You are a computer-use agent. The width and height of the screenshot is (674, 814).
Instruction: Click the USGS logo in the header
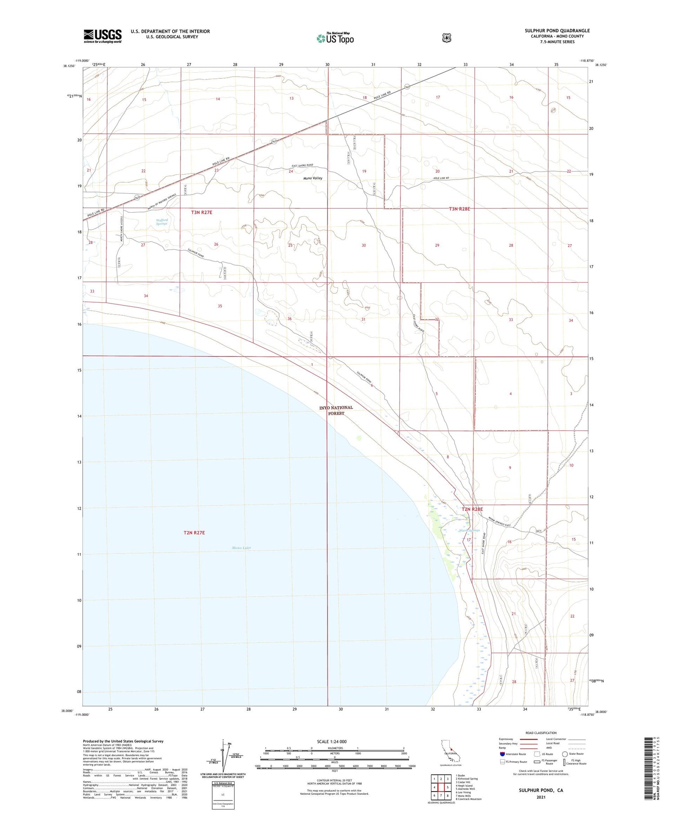tap(102, 36)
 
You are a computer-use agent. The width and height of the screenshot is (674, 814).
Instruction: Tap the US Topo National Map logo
tap(335, 38)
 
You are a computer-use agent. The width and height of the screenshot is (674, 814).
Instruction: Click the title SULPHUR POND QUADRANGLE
tap(557, 31)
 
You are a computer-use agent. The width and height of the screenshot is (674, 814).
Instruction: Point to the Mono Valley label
tap(313, 178)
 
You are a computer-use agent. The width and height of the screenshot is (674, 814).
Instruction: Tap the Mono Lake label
tap(242, 548)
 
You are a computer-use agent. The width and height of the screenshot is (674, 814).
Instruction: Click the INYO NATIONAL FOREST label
tap(336, 410)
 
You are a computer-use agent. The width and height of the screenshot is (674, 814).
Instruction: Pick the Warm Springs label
tap(470, 530)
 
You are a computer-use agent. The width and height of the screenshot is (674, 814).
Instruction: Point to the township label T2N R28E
tap(472, 509)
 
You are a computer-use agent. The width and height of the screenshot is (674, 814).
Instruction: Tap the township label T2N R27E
tap(194, 532)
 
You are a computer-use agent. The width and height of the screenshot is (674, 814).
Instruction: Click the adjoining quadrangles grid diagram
tap(441, 787)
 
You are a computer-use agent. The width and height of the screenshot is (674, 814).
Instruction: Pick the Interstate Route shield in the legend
tap(502, 754)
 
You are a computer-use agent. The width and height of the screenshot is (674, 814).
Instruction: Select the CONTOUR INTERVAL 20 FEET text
tap(334, 780)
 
